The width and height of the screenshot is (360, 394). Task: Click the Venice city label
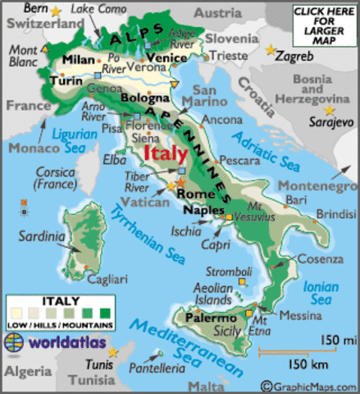click(x=170, y=57)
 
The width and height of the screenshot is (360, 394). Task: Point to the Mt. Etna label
click(x=261, y=325)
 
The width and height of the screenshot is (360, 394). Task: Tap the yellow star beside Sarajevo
click(x=330, y=110)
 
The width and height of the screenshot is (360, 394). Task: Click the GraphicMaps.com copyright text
click(x=309, y=385)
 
